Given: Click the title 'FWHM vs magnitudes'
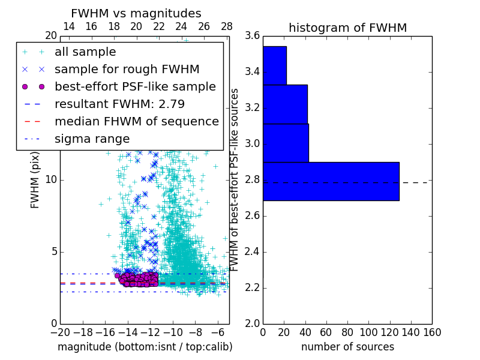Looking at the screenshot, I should pos(136,13).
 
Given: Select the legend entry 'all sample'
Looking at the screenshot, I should pos(85,52).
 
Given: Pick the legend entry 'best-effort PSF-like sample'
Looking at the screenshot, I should pos(135,86).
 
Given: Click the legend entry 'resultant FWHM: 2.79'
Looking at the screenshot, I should pos(119,104).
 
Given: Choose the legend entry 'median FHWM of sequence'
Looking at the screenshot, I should pos(136,121).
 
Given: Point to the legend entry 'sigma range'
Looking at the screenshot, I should pos(92,139).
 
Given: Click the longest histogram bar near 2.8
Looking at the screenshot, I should pos(331,181).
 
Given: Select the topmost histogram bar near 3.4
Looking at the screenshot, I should pos(274,65).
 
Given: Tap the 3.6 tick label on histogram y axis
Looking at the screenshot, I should pos(253,36).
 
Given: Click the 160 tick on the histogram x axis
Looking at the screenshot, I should pos(432,332).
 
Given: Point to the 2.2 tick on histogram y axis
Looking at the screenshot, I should pos(253,287).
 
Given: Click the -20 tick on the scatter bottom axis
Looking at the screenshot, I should pos(60,332).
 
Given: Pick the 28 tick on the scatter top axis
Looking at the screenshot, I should pos(227,26).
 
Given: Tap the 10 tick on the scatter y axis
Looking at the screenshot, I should pos(50,180).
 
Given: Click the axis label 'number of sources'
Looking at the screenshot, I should pos(347,347).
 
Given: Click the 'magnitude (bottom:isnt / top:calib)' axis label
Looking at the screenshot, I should pos(145,347).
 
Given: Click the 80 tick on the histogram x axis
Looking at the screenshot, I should pos(347,332).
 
